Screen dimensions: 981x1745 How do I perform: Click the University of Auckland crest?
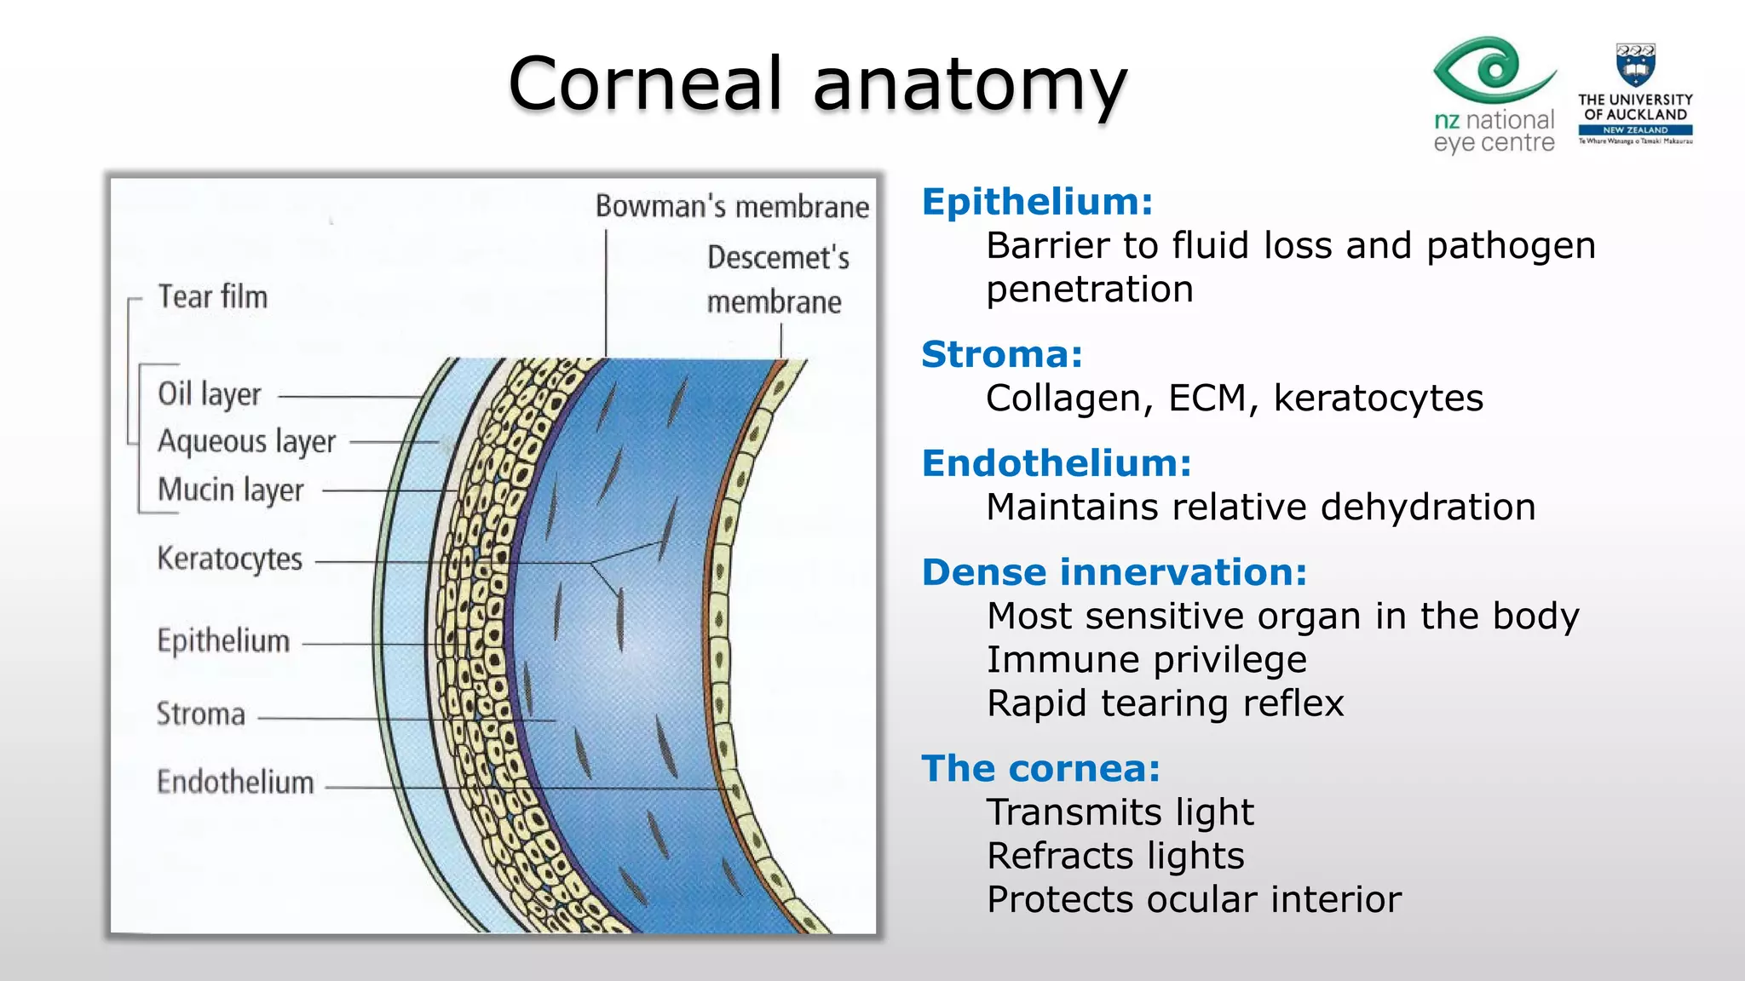(x=1634, y=65)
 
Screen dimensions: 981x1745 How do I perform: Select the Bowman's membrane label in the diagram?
(x=731, y=207)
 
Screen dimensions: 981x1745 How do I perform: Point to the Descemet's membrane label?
(x=777, y=279)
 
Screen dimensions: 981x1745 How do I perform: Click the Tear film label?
(x=212, y=297)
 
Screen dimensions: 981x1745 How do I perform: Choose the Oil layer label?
(x=209, y=394)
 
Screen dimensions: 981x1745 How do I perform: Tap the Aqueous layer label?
(x=246, y=442)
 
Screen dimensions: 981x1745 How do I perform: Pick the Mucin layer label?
(x=230, y=490)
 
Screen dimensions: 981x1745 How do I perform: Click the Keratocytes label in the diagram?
(x=229, y=559)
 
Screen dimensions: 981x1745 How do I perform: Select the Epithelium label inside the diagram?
(x=223, y=641)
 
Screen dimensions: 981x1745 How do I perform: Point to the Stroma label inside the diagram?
(x=200, y=714)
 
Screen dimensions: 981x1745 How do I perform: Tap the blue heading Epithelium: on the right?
(x=1037, y=203)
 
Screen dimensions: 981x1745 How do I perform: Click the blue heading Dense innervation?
(x=1114, y=572)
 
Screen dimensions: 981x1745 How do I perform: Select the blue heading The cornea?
(x=1040, y=769)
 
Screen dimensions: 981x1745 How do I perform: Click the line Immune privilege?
(x=1146, y=660)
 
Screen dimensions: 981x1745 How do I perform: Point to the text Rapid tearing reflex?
(x=1165, y=704)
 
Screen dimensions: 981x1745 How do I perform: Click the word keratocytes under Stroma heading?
(x=1378, y=399)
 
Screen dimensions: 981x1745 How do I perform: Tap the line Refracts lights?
(x=1115, y=856)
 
